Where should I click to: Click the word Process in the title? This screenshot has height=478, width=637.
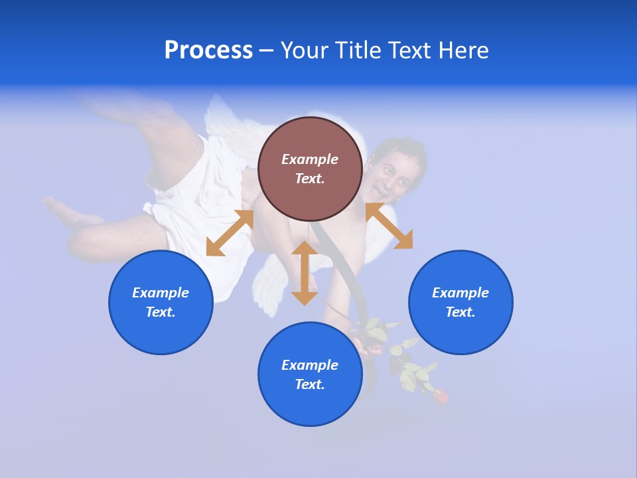(208, 50)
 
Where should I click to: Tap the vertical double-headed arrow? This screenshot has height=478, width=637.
(305, 273)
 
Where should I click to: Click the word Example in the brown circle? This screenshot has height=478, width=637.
(310, 159)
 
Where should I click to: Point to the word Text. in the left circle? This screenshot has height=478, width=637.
(161, 312)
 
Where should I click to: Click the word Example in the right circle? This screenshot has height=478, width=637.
(460, 293)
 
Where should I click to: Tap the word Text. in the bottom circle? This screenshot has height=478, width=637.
(310, 384)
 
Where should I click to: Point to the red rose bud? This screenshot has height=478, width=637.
(440, 396)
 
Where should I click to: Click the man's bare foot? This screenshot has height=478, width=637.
(66, 212)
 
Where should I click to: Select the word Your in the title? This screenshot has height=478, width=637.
(304, 50)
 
